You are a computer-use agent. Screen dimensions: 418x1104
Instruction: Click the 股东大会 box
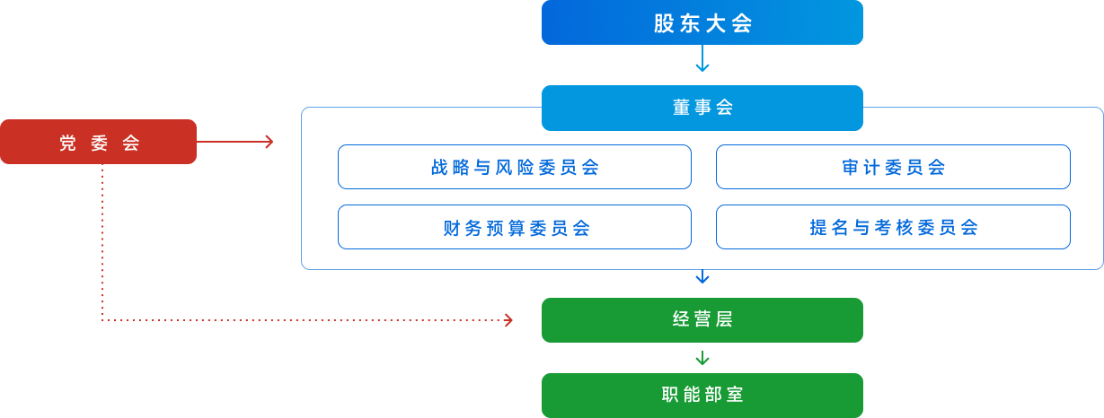pos(702,22)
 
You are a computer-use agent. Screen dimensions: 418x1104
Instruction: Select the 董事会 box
pos(702,108)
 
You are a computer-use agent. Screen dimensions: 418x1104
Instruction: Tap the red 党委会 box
pos(98,142)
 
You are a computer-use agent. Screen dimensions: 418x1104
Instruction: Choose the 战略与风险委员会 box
pos(514,167)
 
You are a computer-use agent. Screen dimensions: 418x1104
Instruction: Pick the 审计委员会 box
pos(893,167)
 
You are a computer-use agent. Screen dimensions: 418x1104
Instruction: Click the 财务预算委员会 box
pos(514,227)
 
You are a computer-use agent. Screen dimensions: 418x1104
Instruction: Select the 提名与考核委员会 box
pos(893,227)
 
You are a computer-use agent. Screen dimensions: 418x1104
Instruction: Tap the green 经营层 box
pos(702,320)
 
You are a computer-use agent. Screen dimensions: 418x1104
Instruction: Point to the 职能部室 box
pos(702,395)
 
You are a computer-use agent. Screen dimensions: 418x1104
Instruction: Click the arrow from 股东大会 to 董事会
pos(702,61)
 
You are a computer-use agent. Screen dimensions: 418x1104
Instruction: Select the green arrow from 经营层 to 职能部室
pos(702,358)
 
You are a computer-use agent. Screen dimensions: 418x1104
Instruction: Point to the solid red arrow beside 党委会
pos(235,142)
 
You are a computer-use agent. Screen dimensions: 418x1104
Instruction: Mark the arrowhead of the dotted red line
pos(508,320)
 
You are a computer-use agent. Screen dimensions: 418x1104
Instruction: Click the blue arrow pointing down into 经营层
pos(702,277)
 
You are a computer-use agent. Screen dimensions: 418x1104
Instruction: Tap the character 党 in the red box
pos(67,143)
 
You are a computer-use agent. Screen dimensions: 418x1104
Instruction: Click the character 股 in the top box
pos(664,23)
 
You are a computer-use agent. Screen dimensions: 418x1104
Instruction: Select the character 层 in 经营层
pos(724,320)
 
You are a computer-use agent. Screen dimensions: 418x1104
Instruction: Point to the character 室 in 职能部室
pos(736,395)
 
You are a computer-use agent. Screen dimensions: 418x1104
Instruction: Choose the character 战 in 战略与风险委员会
pos(438,168)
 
